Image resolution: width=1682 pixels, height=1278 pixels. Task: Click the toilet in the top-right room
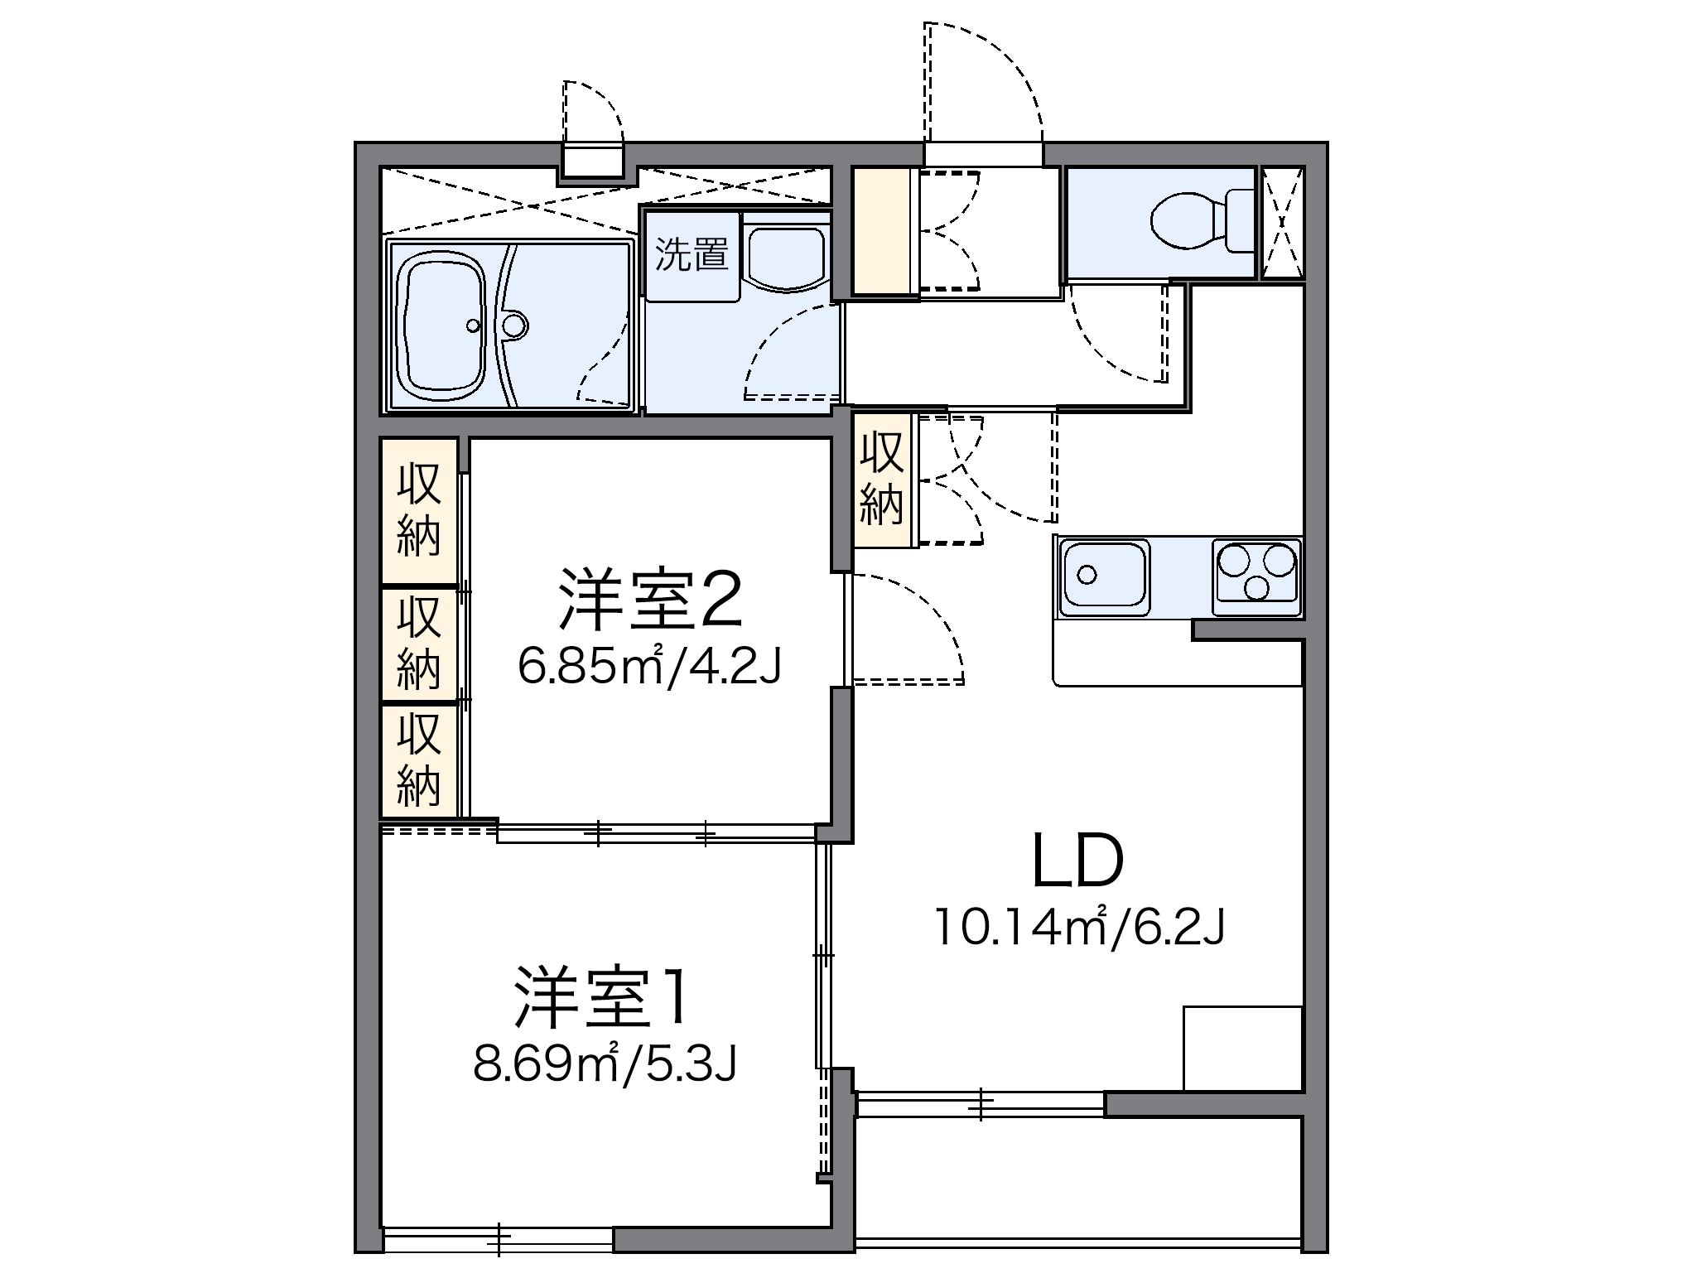point(1201,221)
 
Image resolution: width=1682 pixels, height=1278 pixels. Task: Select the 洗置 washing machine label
point(692,256)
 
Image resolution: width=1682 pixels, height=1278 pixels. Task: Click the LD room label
point(1077,861)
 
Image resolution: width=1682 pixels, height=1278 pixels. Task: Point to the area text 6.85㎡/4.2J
point(650,667)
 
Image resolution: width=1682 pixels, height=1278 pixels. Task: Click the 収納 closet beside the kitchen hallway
point(881,480)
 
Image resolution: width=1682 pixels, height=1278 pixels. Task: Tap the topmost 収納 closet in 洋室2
point(419,511)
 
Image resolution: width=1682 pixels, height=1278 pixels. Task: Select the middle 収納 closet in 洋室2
point(419,644)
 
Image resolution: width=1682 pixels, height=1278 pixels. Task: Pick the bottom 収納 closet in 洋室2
point(419,761)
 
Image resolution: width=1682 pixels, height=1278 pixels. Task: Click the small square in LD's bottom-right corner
point(1242,1048)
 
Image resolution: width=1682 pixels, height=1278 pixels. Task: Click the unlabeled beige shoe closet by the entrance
point(881,231)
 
